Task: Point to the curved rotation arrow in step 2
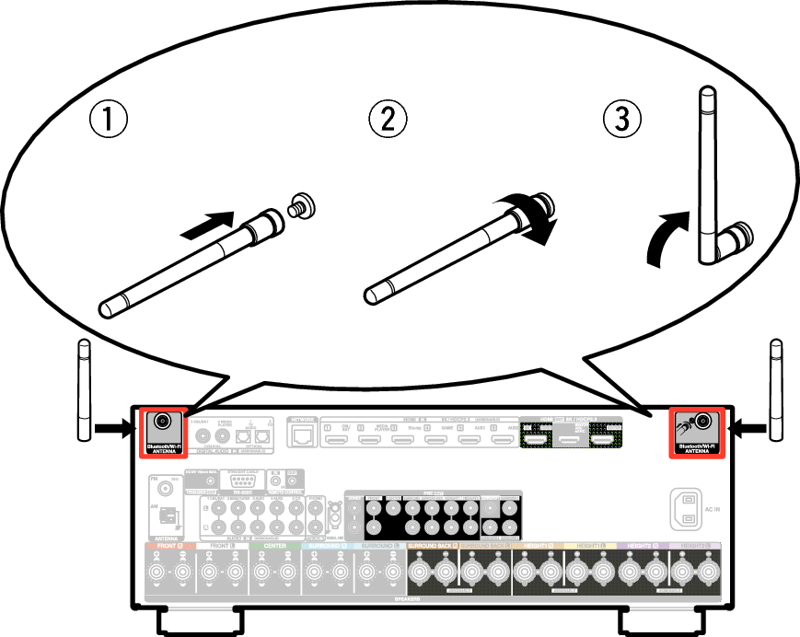(x=539, y=219)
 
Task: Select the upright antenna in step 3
(x=707, y=175)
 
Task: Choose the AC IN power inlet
(x=687, y=508)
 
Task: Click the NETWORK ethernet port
(x=302, y=434)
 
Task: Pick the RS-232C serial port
(x=241, y=480)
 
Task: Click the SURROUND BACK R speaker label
(x=432, y=547)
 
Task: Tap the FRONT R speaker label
(x=170, y=547)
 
